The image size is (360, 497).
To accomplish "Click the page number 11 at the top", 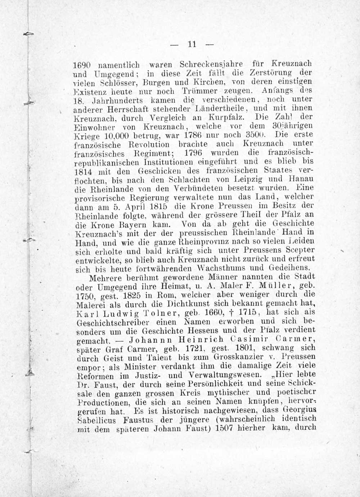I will [191, 44].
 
